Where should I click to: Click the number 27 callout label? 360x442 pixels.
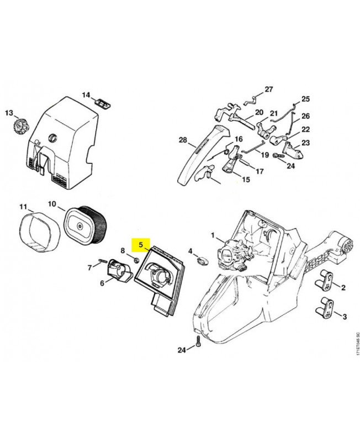click(269, 90)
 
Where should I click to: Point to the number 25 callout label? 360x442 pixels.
click(305, 100)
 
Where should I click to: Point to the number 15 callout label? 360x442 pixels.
click(246, 180)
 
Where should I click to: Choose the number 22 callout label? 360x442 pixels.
click(306, 129)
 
